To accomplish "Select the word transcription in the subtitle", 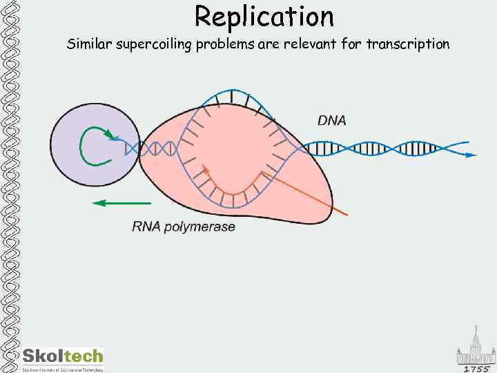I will tap(407, 44).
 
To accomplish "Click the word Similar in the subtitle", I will tap(88, 44).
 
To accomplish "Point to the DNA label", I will tap(331, 120).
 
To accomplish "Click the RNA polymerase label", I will tap(184, 227).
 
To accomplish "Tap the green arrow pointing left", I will tap(121, 203).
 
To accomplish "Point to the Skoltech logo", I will tap(62, 356).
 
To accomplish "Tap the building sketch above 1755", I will tap(475, 349).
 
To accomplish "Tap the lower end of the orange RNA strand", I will tap(346, 214).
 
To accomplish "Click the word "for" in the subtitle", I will tap(351, 44).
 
